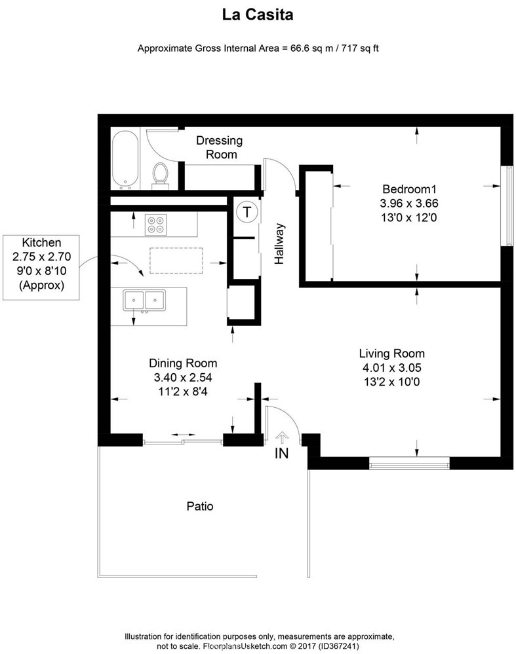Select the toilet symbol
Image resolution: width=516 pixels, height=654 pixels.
pyautogui.click(x=160, y=175)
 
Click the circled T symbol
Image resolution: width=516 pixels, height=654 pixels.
pyautogui.click(x=247, y=212)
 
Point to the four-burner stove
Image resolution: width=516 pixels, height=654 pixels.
pyautogui.click(x=155, y=225)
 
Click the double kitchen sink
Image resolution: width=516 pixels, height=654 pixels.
pyautogui.click(x=145, y=301)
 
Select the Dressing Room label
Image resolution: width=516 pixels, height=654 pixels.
pyautogui.click(x=220, y=147)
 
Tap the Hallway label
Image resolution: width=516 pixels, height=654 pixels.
pyautogui.click(x=280, y=244)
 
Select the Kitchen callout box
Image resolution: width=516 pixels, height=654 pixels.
pyautogui.click(x=41, y=263)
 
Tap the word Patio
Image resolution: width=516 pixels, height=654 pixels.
pyautogui.click(x=200, y=506)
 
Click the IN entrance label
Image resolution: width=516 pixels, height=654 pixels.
pyautogui.click(x=281, y=454)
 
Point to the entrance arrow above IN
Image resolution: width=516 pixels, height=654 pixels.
pyautogui.click(x=282, y=437)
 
